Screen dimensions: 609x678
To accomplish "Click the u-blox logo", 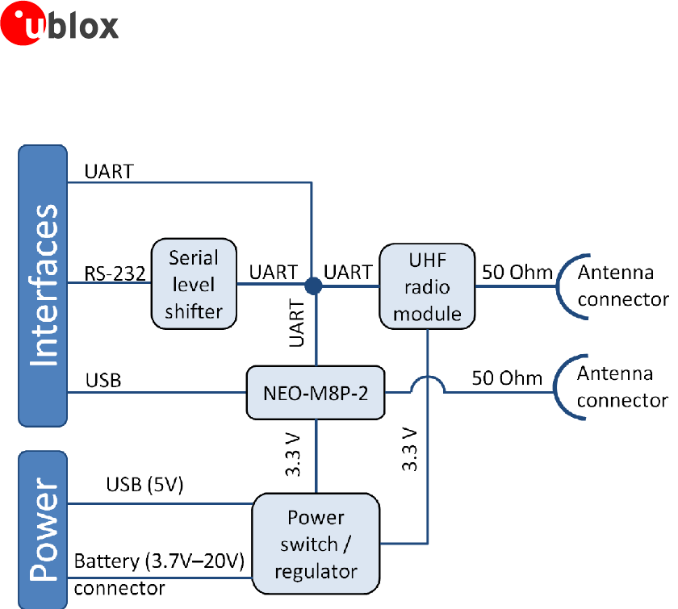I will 61,25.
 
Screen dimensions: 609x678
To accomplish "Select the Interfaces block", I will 43,285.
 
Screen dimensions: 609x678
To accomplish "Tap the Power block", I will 43,529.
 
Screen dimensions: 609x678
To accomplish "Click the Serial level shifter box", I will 194,284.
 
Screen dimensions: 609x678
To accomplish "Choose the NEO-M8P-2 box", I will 314,393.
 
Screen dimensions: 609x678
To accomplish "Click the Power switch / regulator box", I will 316,544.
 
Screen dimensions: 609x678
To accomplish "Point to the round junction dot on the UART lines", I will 314,285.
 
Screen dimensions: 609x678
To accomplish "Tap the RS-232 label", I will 115,273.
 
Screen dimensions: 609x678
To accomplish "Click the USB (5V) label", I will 145,486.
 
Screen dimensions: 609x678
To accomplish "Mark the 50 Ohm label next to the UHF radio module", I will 517,272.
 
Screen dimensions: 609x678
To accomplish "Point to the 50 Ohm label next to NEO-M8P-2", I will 507,377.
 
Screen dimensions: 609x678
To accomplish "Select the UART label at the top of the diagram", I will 109,171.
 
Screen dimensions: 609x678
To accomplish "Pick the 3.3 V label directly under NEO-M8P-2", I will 295,457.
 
